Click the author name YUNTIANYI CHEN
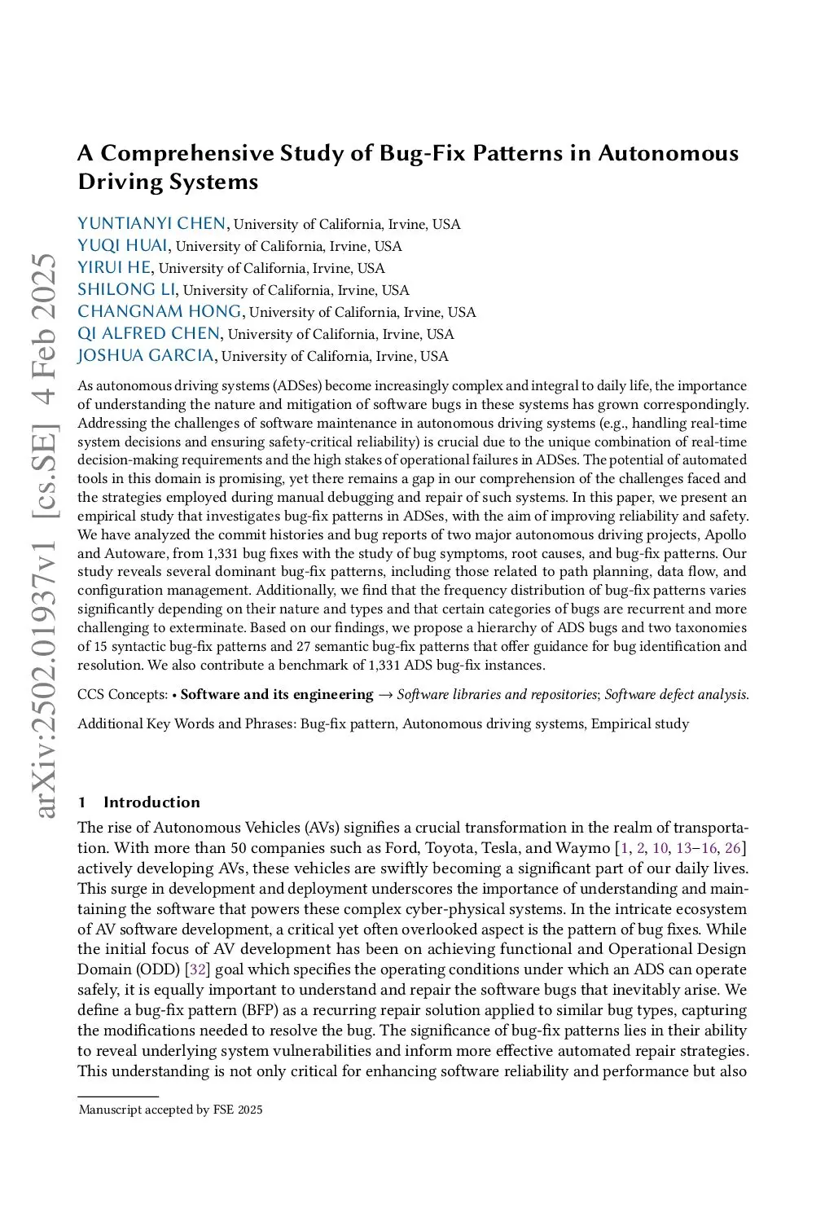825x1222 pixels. point(151,223)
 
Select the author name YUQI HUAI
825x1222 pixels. point(122,245)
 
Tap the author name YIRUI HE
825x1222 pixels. point(114,267)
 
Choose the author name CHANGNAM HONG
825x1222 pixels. point(160,311)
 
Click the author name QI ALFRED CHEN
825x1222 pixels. point(149,333)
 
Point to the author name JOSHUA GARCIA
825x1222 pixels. point(146,355)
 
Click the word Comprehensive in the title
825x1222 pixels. point(187,153)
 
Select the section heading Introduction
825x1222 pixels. point(151,802)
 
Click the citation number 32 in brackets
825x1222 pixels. point(198,969)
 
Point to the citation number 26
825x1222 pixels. point(733,847)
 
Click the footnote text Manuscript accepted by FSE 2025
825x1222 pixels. point(170,1110)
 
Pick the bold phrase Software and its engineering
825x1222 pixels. point(277,694)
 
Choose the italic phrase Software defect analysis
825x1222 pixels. point(675,694)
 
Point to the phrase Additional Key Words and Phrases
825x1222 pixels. point(186,723)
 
